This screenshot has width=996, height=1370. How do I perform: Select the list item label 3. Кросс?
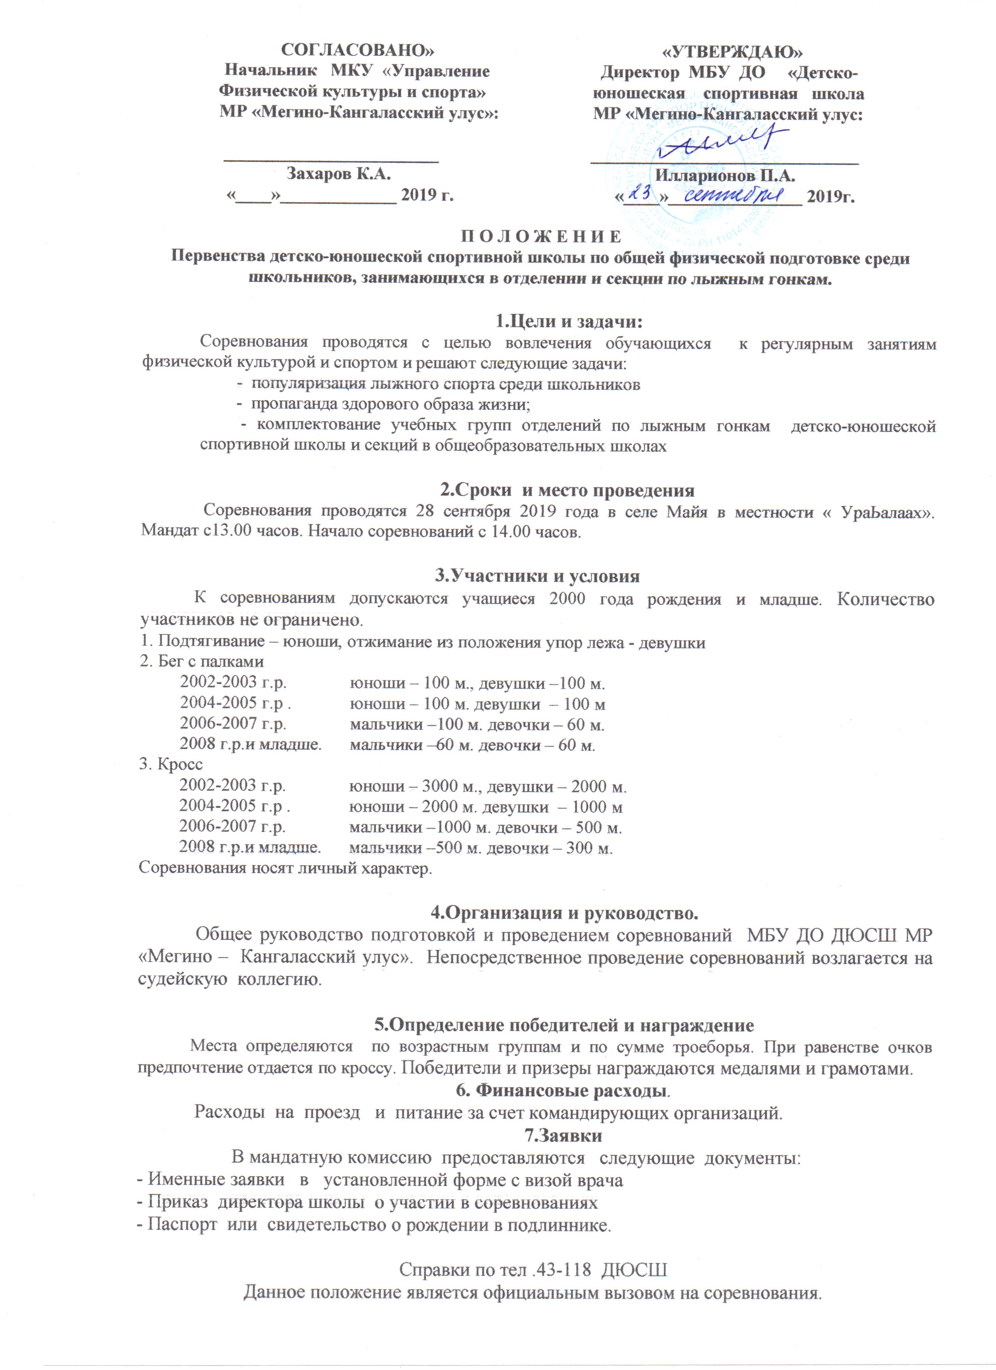click(x=171, y=764)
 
